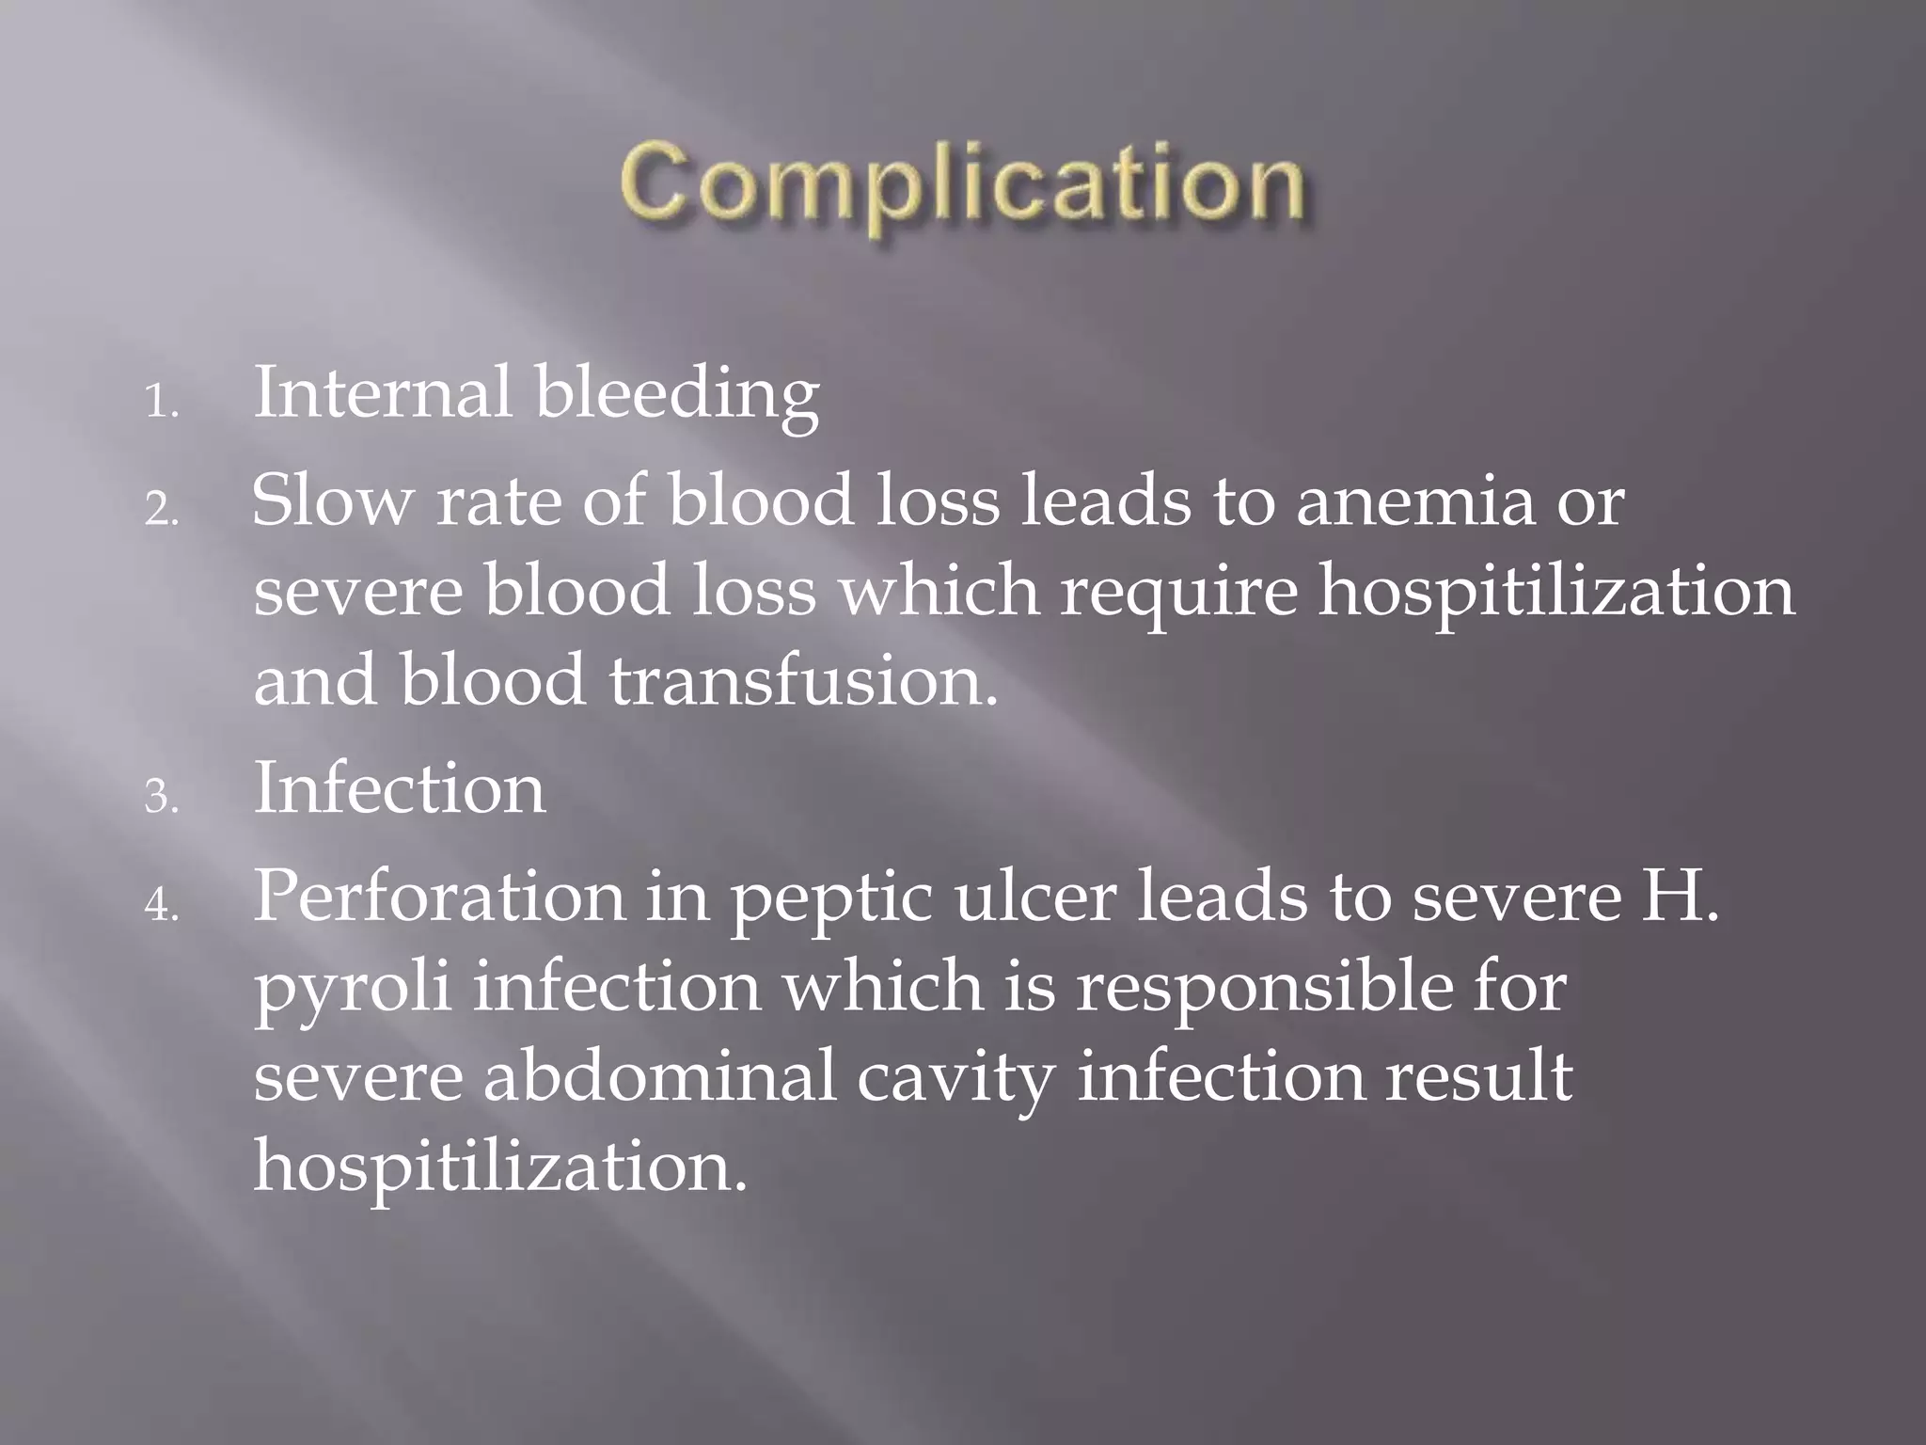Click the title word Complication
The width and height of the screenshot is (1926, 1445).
tap(962, 183)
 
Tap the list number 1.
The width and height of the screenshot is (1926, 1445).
tap(161, 404)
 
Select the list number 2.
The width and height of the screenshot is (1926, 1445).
tap(161, 511)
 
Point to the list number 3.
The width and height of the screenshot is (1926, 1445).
tap(161, 798)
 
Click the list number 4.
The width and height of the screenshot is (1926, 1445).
tap(161, 905)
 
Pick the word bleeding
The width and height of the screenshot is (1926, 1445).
tap(677, 395)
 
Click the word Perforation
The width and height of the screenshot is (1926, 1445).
tap(439, 896)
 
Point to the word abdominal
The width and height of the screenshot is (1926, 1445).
tap(659, 1076)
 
